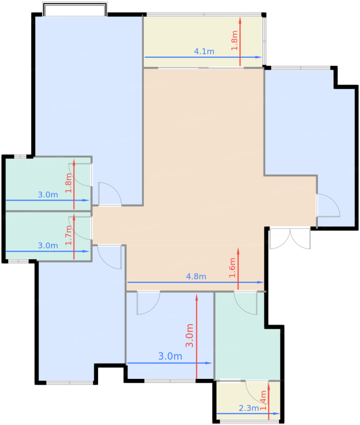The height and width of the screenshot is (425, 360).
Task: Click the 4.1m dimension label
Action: click(x=204, y=51)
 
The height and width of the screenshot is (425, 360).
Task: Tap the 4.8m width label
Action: click(x=196, y=277)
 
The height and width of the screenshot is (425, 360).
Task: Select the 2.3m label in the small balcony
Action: click(x=249, y=408)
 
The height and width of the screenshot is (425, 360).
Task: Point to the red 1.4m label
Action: click(x=263, y=400)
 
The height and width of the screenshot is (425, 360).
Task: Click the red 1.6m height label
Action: click(x=232, y=268)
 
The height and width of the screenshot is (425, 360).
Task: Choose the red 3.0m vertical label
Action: click(x=189, y=335)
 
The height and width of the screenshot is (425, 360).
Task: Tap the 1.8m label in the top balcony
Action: click(x=234, y=40)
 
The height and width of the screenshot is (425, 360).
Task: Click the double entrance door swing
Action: click(x=290, y=239)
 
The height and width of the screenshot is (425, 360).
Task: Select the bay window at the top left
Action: click(x=75, y=9)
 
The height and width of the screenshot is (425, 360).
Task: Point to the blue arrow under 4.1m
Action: click(x=203, y=57)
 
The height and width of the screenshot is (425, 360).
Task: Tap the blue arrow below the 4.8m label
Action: click(x=195, y=282)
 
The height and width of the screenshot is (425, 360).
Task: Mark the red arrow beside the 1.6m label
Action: click(x=238, y=269)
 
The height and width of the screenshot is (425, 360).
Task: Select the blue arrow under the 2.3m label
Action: click(x=248, y=413)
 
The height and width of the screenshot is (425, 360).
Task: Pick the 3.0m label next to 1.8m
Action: click(x=48, y=195)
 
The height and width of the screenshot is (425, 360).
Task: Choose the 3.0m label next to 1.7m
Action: click(x=48, y=246)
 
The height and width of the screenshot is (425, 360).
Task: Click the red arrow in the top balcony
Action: click(x=240, y=42)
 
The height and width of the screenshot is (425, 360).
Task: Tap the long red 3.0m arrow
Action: click(x=196, y=336)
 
